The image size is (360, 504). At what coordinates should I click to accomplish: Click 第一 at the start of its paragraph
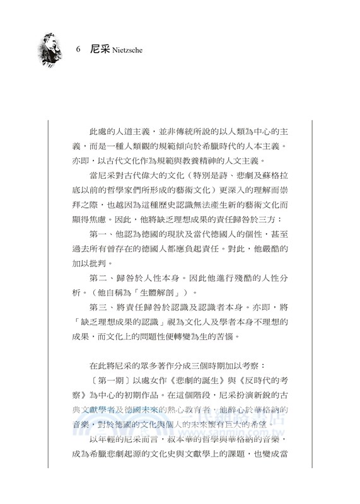click(x=101, y=232)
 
